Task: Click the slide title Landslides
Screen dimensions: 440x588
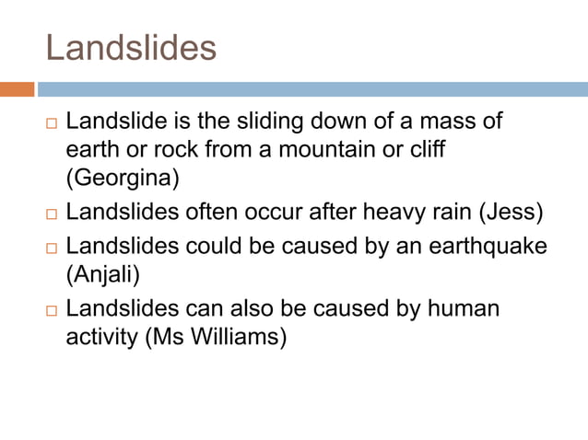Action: (x=131, y=47)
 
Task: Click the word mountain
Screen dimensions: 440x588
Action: (x=303, y=149)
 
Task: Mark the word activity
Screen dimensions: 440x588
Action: (x=102, y=338)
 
